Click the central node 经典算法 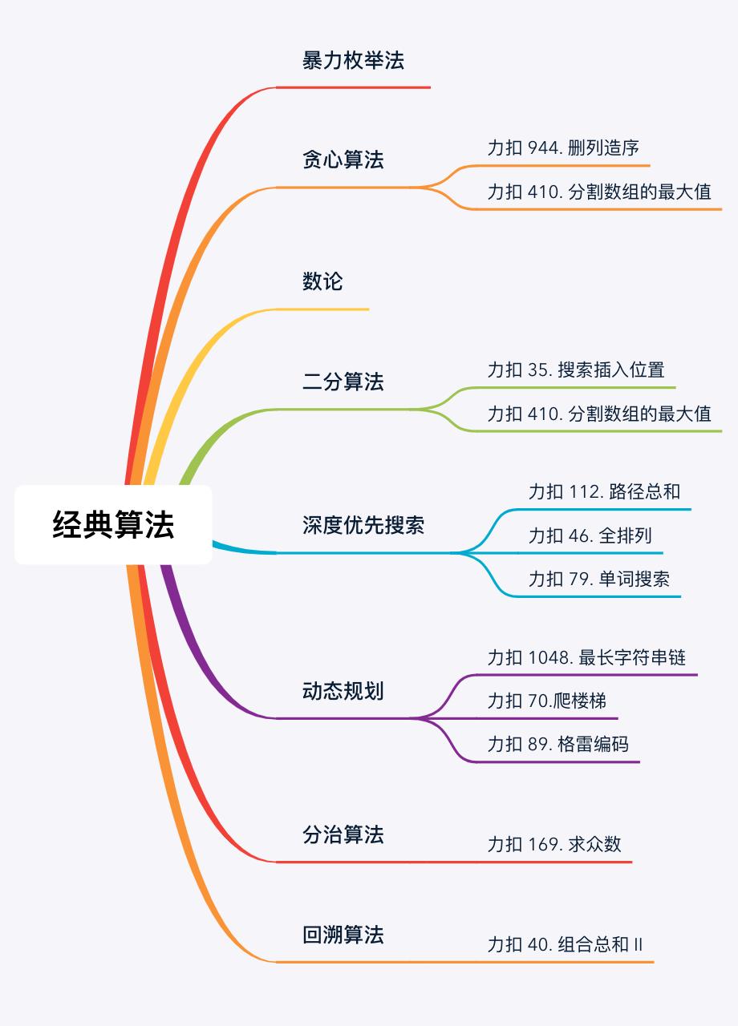(x=113, y=525)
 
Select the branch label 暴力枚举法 (x=353, y=60)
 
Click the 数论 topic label (x=322, y=281)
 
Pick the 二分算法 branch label (x=343, y=382)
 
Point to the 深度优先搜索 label (x=363, y=526)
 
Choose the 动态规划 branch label (x=343, y=691)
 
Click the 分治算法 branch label (x=343, y=835)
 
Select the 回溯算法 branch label (x=343, y=935)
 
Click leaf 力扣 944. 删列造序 (x=563, y=148)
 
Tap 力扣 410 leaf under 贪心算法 (x=599, y=192)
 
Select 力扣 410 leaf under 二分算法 (x=599, y=414)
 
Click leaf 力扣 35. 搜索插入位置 (x=576, y=370)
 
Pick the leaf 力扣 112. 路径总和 (x=604, y=491)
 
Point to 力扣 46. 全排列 (x=590, y=535)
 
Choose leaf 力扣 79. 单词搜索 (x=599, y=579)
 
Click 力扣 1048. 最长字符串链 (x=586, y=658)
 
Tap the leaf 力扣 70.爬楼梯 (x=546, y=701)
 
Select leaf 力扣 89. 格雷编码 (x=558, y=745)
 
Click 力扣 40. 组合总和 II (x=565, y=944)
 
